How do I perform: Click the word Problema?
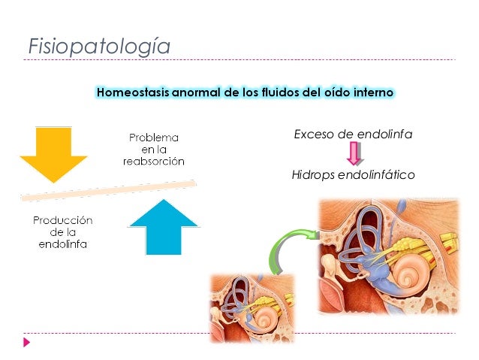click(154, 138)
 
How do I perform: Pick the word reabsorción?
click(154, 162)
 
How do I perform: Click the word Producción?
click(62, 220)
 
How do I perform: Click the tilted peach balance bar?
click(109, 189)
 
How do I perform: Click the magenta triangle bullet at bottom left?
click(27, 342)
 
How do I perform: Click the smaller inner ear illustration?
click(252, 308)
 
